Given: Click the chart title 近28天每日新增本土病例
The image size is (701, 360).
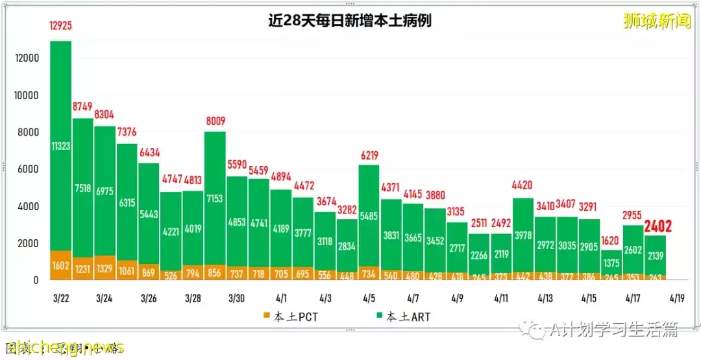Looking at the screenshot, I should [350, 21].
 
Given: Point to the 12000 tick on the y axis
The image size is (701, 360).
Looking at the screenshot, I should [27, 58].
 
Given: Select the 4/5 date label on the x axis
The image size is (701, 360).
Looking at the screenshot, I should [369, 298].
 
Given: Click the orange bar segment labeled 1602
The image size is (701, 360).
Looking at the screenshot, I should [60, 266].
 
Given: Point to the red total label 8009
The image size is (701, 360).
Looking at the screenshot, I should [215, 121].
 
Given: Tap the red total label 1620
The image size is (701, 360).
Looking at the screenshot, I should [611, 239].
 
